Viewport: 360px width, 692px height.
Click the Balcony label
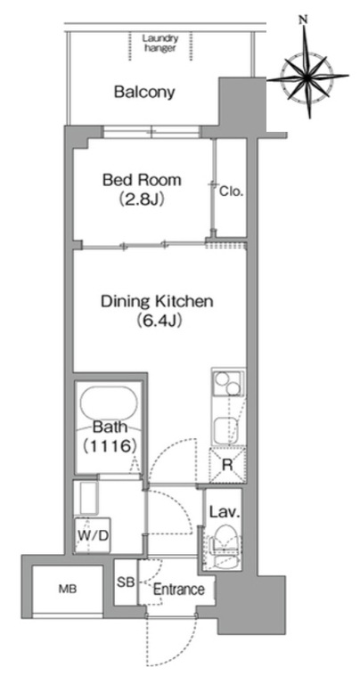tap(144, 93)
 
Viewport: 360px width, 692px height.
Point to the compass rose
tap(308, 75)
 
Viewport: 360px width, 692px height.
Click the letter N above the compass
tap(303, 20)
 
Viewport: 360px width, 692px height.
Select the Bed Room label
tap(142, 180)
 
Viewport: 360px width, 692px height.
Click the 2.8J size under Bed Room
tap(142, 199)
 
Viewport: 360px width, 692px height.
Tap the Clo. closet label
tap(232, 192)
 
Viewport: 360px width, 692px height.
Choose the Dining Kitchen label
tap(157, 302)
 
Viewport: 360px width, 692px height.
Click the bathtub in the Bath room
tap(109, 406)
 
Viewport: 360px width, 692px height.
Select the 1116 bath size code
tap(109, 446)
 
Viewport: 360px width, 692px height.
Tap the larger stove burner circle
tap(221, 379)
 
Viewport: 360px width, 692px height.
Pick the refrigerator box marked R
tap(227, 465)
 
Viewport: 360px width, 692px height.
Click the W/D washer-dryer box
tap(93, 535)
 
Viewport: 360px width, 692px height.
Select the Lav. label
tap(225, 513)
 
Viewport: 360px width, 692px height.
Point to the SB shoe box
tap(126, 582)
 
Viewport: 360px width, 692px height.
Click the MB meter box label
tap(68, 589)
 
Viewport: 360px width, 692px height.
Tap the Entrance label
tap(178, 589)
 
